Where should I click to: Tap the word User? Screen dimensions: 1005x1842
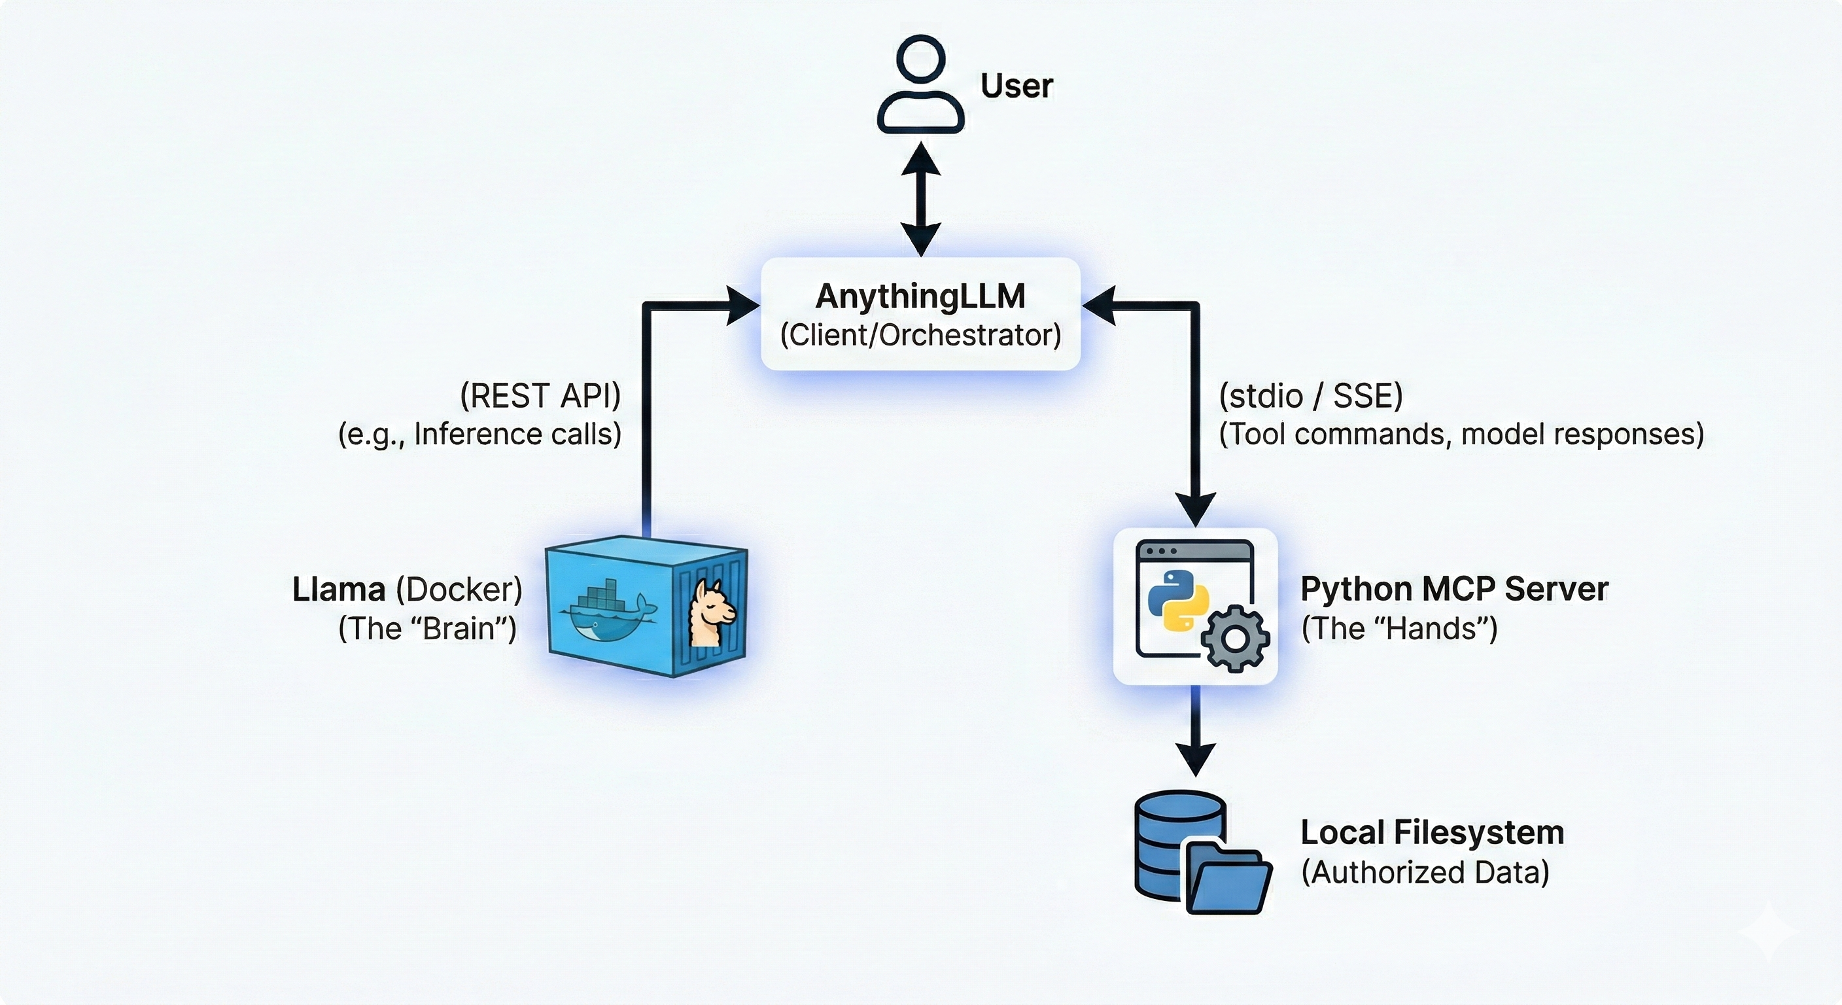click(x=1016, y=86)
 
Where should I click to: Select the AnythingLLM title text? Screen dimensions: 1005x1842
click(x=920, y=296)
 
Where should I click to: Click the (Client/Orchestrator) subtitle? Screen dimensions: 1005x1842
click(x=920, y=335)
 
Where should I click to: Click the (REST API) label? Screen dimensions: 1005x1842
click(x=540, y=396)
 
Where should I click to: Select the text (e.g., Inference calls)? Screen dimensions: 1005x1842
click(x=479, y=434)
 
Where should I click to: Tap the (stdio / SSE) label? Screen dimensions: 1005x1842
click(x=1311, y=396)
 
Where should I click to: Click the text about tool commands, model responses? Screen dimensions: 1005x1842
click(x=1461, y=434)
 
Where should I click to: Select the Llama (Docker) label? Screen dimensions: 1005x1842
click(x=407, y=590)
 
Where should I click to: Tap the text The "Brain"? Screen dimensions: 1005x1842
click(x=427, y=629)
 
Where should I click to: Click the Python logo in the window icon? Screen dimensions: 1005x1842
click(x=1177, y=600)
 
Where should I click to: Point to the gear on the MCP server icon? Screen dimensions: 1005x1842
click(x=1235, y=639)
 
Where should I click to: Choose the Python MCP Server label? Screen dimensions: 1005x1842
click(x=1453, y=590)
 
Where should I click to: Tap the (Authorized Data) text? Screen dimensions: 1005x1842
click(x=1425, y=872)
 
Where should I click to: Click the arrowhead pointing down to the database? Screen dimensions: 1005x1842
click(x=1195, y=758)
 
